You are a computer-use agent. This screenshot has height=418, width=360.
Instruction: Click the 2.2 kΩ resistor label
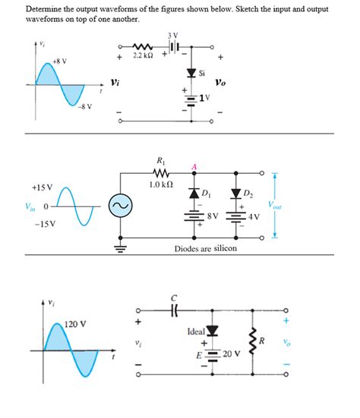144,55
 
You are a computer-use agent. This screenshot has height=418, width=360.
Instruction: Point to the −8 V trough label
84,106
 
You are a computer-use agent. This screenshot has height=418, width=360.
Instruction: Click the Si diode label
201,74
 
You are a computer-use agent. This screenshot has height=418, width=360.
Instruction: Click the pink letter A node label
194,168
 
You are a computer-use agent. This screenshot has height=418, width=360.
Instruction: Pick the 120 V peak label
77,324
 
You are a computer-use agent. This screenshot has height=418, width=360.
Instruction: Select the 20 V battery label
231,354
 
